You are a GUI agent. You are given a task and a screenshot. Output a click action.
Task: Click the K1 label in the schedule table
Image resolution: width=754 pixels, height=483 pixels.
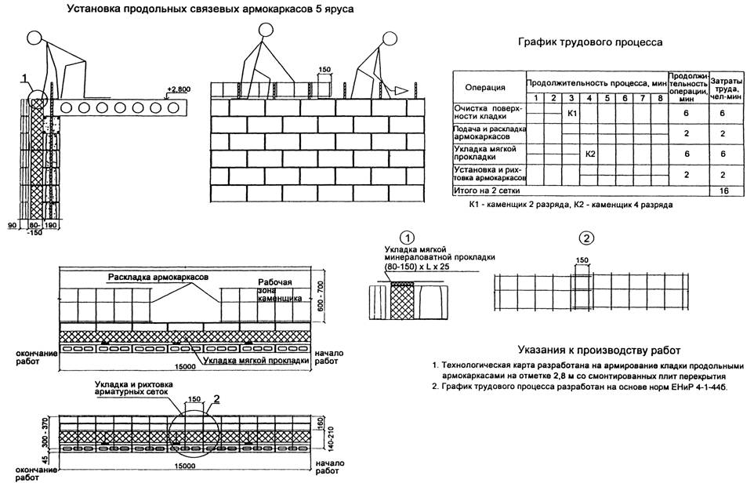tap(572, 114)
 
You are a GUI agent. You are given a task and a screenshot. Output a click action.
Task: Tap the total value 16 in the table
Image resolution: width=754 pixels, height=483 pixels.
tap(721, 191)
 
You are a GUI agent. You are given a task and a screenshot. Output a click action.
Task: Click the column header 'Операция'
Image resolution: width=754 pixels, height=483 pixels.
tap(485, 86)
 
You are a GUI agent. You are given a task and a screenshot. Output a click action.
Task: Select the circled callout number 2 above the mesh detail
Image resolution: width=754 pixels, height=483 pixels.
tap(588, 238)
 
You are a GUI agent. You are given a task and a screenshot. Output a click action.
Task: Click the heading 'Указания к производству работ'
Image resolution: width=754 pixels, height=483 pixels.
tap(599, 350)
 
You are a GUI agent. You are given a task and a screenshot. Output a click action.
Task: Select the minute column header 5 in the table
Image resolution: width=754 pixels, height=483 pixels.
tap(607, 98)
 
